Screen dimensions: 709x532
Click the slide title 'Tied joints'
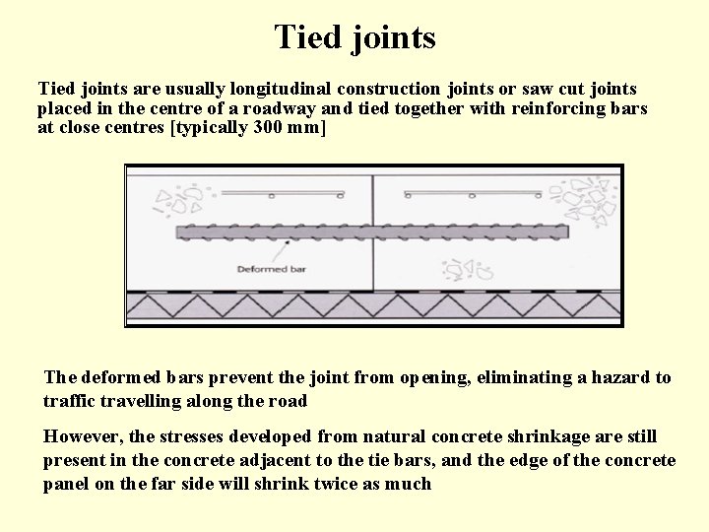354,37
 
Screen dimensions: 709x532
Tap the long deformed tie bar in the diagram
372,233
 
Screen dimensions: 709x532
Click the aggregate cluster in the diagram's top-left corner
177,201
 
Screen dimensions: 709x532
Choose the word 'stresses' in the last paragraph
193,436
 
